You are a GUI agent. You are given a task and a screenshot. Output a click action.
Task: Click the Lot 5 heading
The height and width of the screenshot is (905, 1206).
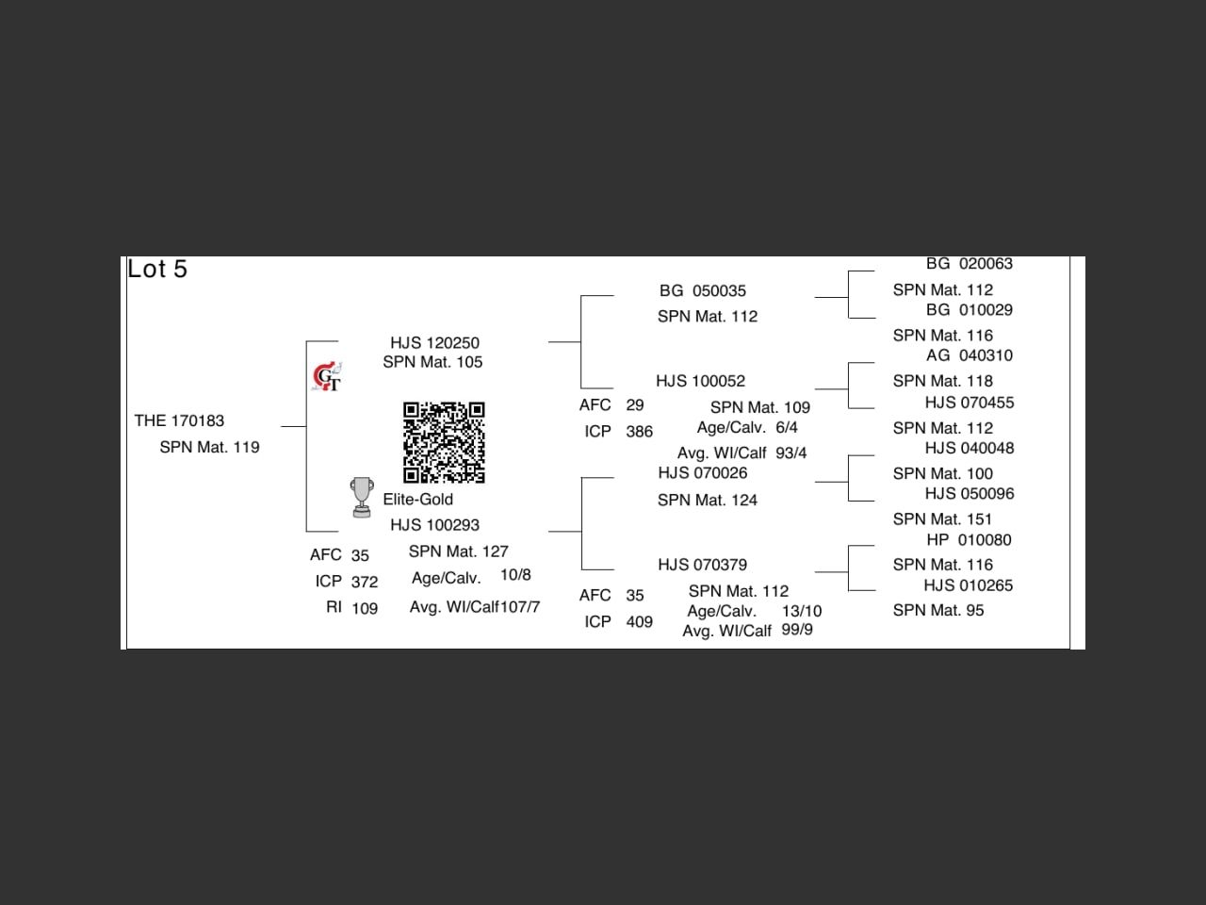tap(157, 270)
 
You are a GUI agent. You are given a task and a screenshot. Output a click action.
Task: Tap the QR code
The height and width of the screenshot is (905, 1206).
tap(444, 442)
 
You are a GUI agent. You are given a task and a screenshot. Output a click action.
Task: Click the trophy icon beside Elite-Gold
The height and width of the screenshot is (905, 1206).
tap(361, 497)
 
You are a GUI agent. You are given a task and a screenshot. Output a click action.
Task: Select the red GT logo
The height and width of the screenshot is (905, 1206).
tap(327, 377)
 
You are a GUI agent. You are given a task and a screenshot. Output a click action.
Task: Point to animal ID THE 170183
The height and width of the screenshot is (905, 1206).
tap(179, 420)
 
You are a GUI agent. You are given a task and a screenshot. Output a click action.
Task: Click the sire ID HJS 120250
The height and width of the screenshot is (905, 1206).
tap(434, 343)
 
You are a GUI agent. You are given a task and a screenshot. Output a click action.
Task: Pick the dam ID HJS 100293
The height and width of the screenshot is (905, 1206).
tap(434, 525)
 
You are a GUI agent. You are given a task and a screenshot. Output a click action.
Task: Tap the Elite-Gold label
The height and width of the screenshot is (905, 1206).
tap(417, 500)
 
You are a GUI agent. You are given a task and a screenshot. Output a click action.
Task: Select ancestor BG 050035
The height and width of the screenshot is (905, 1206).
tap(702, 291)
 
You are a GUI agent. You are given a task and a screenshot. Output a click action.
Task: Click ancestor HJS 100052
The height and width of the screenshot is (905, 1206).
tap(700, 382)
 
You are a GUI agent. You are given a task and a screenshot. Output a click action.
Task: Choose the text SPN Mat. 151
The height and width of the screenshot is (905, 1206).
tap(942, 519)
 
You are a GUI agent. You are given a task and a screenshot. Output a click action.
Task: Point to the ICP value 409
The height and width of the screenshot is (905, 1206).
tap(639, 622)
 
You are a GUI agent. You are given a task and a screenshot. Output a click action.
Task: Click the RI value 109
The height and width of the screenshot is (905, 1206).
tap(365, 609)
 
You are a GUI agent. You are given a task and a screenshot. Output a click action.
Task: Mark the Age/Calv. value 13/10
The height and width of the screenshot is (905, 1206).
tap(801, 611)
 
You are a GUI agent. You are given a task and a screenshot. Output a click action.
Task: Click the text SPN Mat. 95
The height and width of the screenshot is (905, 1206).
tap(937, 611)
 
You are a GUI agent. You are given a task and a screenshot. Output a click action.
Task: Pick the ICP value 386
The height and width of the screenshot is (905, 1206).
tap(639, 432)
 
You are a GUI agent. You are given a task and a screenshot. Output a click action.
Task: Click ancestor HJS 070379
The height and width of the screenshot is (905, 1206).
tap(702, 565)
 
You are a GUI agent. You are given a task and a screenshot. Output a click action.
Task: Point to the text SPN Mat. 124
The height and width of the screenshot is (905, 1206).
tap(707, 501)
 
